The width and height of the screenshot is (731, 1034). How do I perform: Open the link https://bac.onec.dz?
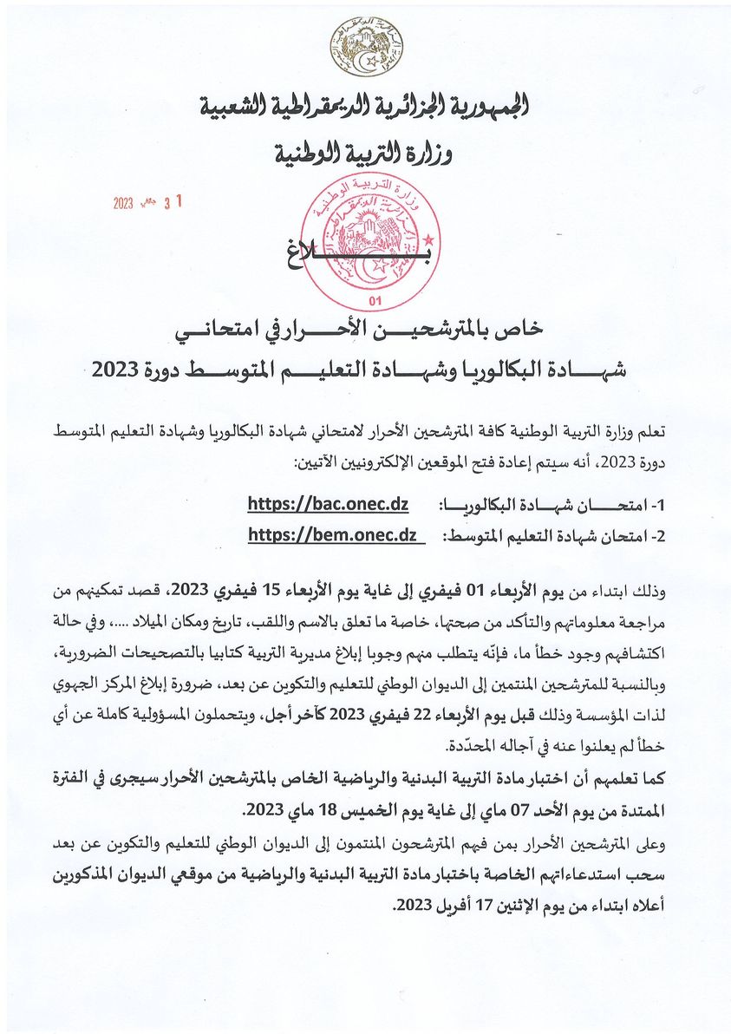point(328,504)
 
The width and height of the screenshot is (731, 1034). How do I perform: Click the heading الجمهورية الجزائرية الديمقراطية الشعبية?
point(364,108)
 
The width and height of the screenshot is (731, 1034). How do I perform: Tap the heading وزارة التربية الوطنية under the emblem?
point(364,154)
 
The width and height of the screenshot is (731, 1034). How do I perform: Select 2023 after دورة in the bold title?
point(114,368)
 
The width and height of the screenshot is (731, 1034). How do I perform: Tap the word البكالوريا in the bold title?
point(517,368)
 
